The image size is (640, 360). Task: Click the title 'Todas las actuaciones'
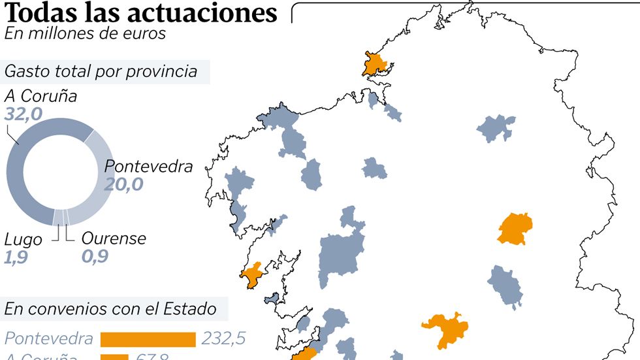140,13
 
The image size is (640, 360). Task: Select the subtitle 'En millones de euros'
85,33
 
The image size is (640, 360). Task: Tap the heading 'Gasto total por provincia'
101,71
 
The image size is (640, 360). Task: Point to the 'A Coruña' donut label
40,96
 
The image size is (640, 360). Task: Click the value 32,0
24,114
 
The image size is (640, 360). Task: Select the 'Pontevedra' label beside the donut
149,166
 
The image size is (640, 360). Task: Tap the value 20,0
123,184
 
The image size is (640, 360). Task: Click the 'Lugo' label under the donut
23,239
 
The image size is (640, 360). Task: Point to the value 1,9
16,257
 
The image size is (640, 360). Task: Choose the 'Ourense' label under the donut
114,238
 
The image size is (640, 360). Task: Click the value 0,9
95,257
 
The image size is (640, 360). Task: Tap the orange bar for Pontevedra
148,339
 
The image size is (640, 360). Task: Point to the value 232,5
223,339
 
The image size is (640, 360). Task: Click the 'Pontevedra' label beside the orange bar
48,339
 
